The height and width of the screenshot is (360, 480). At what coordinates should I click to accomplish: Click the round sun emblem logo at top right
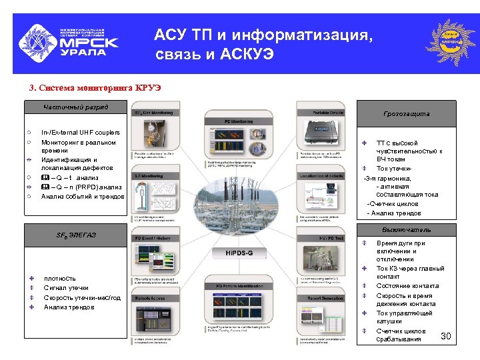coord(451,42)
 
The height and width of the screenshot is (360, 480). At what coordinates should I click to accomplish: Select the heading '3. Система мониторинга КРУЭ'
coord(95,87)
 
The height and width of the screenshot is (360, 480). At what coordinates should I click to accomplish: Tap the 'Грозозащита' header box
coord(406,113)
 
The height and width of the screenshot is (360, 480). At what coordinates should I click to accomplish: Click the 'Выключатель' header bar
coord(406,230)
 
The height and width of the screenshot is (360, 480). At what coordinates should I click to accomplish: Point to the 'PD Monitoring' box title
coord(239,122)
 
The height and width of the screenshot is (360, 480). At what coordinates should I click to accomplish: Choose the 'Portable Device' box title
coord(320,113)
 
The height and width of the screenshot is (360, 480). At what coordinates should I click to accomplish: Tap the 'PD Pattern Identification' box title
coord(239,285)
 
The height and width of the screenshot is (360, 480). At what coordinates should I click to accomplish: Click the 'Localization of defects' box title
coord(320,175)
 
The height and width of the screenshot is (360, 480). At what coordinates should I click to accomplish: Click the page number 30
coord(446,336)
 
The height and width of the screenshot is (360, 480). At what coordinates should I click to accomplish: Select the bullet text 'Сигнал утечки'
coord(66,288)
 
